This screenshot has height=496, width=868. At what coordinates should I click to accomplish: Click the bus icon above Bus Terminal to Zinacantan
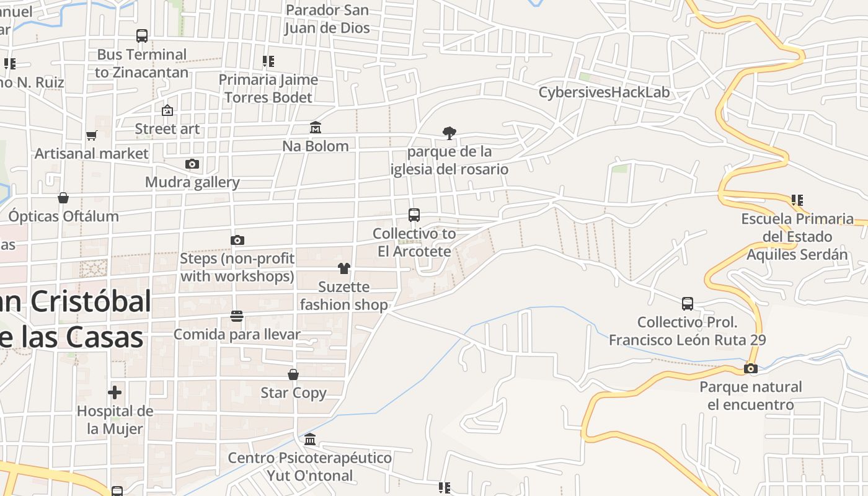click(x=142, y=36)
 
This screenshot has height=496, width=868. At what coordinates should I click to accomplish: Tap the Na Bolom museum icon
click(x=316, y=128)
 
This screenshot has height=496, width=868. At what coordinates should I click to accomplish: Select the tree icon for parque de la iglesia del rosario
click(x=449, y=133)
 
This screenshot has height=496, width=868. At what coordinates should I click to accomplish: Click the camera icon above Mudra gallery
click(x=192, y=164)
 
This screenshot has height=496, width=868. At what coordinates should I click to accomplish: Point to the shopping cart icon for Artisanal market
click(x=92, y=135)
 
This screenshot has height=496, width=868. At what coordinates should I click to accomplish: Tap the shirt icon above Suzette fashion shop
click(x=344, y=268)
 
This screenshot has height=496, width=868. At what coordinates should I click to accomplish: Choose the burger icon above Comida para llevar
click(x=237, y=316)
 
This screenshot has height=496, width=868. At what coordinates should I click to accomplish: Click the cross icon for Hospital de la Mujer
click(x=115, y=392)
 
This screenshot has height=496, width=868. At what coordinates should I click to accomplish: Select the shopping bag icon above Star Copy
click(x=293, y=374)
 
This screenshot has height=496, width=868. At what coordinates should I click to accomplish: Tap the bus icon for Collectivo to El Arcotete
click(x=414, y=215)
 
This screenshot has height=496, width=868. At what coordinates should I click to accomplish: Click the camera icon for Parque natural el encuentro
click(x=751, y=369)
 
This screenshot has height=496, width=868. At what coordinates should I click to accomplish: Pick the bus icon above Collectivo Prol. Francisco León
click(x=688, y=304)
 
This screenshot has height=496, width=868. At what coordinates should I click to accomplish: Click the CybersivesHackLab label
click(x=604, y=93)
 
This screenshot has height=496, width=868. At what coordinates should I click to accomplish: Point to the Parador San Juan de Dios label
click(x=327, y=19)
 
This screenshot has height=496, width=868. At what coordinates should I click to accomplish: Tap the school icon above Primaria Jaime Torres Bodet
click(x=268, y=61)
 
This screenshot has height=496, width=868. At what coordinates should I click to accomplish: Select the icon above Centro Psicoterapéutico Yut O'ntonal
click(x=310, y=440)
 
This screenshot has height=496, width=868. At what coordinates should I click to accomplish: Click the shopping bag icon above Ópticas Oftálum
click(x=63, y=198)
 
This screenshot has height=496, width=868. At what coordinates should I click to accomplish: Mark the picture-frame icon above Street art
click(x=167, y=111)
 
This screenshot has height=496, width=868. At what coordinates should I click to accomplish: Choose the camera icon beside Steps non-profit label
click(x=237, y=240)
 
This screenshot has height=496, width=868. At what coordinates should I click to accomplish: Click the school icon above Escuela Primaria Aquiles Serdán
click(x=797, y=200)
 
